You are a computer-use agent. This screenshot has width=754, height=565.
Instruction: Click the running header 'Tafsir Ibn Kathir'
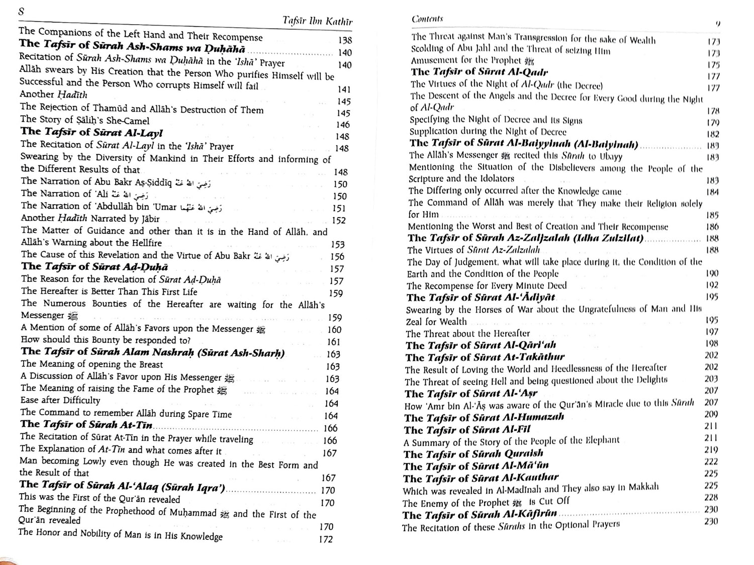pyautogui.click(x=317, y=22)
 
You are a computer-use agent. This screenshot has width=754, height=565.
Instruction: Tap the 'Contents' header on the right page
pyautogui.click(x=427, y=19)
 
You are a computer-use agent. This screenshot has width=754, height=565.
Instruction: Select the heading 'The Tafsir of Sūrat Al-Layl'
pyautogui.click(x=91, y=132)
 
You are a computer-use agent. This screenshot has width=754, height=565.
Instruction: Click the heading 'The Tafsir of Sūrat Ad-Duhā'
pyautogui.click(x=95, y=267)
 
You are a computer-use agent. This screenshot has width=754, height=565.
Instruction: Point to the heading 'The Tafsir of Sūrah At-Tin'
pyautogui.click(x=86, y=425)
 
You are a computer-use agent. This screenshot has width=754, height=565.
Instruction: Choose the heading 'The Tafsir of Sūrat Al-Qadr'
pyautogui.click(x=479, y=72)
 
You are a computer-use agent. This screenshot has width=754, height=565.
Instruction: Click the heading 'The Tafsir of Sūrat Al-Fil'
pyautogui.click(x=467, y=430)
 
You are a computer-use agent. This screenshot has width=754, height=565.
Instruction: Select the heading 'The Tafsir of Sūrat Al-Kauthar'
pyautogui.click(x=481, y=478)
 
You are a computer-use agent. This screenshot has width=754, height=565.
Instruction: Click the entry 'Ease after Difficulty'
pyautogui.click(x=60, y=401)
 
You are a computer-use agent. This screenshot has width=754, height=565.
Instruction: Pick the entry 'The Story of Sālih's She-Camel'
pyautogui.click(x=85, y=120)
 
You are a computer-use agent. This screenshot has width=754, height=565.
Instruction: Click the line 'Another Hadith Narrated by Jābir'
pyautogui.click(x=90, y=219)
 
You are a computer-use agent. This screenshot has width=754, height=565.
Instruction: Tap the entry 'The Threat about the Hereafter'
pyautogui.click(x=467, y=334)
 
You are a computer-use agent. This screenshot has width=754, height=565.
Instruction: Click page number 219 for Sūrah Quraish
pyautogui.click(x=711, y=450)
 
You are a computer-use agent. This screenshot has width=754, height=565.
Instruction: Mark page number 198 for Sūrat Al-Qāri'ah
pyautogui.click(x=711, y=343)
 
